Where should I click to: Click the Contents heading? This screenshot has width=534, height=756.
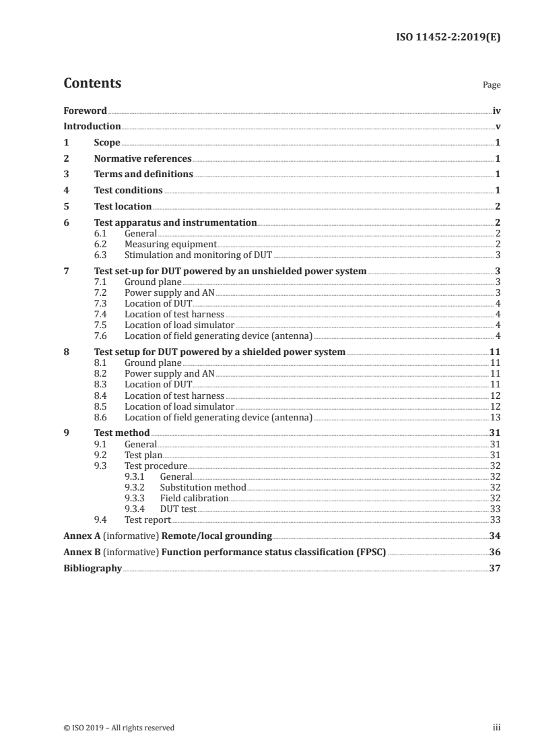click(92, 84)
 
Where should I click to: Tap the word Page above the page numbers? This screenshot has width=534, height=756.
click(492, 86)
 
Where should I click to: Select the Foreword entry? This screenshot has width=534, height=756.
click(85, 111)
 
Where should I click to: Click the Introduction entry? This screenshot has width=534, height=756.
click(92, 127)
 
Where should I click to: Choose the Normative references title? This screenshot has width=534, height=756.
click(143, 159)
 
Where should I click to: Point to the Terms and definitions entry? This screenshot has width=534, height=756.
click(143, 175)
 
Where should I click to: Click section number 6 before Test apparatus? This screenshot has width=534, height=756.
click(66, 222)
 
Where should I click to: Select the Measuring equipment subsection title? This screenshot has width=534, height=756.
click(170, 244)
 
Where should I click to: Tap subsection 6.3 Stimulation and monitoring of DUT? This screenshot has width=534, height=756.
click(199, 255)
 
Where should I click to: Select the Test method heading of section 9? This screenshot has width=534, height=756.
click(122, 433)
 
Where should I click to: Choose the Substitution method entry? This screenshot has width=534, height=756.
click(203, 487)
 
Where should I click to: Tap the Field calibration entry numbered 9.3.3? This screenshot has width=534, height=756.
click(194, 498)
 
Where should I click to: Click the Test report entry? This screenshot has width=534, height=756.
click(147, 519)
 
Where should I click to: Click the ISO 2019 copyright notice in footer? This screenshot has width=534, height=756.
click(119, 728)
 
